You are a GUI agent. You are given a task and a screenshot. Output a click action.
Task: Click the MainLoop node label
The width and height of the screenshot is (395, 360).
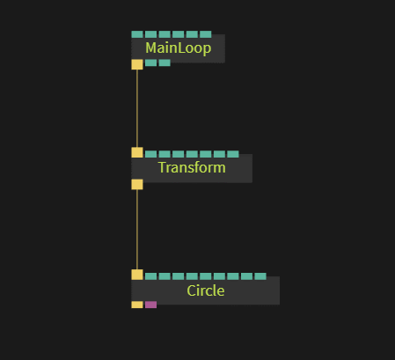(179, 48)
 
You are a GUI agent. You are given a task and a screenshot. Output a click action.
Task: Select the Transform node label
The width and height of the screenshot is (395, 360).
(192, 167)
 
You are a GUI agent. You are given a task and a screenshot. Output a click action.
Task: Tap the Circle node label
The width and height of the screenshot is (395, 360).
(206, 290)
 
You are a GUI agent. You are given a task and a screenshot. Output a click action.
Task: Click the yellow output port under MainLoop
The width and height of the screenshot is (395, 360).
(137, 64)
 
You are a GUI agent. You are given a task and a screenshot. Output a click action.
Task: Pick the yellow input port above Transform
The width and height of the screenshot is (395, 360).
(137, 152)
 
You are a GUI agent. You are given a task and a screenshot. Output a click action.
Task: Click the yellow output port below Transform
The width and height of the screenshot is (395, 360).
(137, 185)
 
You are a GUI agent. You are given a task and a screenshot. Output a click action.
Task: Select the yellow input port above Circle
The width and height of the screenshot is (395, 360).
(137, 275)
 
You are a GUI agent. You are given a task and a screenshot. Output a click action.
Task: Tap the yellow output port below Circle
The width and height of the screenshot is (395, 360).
(137, 305)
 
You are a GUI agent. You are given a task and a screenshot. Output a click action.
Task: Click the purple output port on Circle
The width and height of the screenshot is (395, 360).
(150, 305)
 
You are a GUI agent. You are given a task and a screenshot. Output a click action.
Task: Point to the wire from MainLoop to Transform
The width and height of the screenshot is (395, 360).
(137, 108)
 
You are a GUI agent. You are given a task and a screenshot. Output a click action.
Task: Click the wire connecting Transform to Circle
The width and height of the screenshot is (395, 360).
(137, 230)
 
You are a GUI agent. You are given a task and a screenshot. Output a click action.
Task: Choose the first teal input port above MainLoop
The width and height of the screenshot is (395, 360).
(137, 34)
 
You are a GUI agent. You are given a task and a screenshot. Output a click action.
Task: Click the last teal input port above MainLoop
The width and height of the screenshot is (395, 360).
(206, 34)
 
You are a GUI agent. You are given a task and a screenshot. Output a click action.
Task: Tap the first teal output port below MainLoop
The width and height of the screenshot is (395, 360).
(150, 62)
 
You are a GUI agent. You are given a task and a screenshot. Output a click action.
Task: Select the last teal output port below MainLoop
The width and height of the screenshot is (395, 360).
(165, 62)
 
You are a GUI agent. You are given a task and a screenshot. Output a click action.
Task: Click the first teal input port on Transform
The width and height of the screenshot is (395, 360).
(150, 154)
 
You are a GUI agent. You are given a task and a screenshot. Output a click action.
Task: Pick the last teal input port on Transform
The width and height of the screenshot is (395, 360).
(233, 154)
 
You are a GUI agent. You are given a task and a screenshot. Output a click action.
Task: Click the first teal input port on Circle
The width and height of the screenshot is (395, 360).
(150, 276)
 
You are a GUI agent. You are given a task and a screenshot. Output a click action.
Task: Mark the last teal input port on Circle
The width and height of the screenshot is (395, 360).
(260, 276)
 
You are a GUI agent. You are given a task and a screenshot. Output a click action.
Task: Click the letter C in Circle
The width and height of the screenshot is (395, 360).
(191, 290)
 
